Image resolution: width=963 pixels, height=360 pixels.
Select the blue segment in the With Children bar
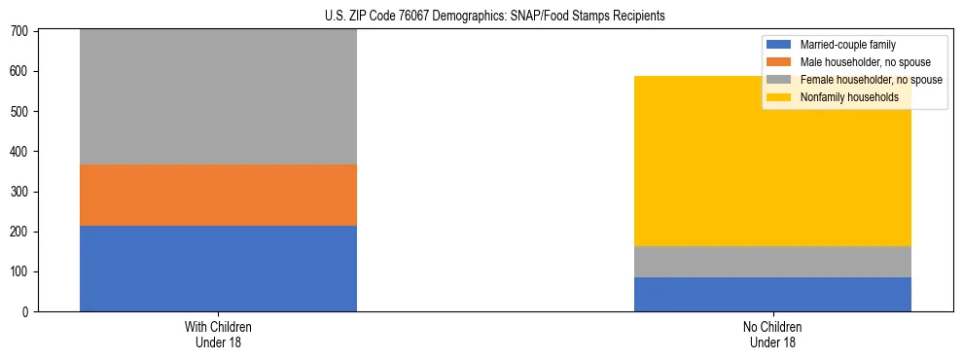(x=218, y=268)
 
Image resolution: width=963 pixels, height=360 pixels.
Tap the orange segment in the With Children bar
(x=218, y=195)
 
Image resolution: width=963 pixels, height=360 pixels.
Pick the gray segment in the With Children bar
(x=218, y=97)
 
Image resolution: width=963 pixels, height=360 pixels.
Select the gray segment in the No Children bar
(x=772, y=262)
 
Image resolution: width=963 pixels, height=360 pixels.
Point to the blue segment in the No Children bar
(x=772, y=294)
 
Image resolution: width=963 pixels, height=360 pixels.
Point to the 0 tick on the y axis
(x=27, y=311)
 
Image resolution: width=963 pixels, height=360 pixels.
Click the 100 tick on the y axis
(x=21, y=271)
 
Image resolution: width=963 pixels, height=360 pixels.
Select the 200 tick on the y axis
(x=21, y=232)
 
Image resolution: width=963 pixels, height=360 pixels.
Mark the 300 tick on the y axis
(x=21, y=192)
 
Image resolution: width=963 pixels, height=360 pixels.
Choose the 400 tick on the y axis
(x=21, y=152)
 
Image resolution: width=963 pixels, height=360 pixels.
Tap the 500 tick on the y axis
(x=21, y=112)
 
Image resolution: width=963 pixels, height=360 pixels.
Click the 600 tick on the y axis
(x=21, y=72)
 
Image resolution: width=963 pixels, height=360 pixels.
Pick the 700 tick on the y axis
(x=21, y=32)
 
